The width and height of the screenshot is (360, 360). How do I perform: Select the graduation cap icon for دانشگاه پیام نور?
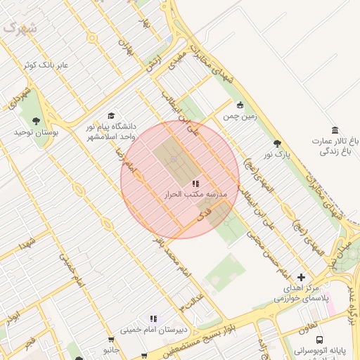[110, 116]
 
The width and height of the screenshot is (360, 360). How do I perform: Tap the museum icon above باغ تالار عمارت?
[335, 130]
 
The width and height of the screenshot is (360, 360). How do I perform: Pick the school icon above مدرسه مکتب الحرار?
[195, 183]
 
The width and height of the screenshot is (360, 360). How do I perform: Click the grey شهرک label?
[19, 27]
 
